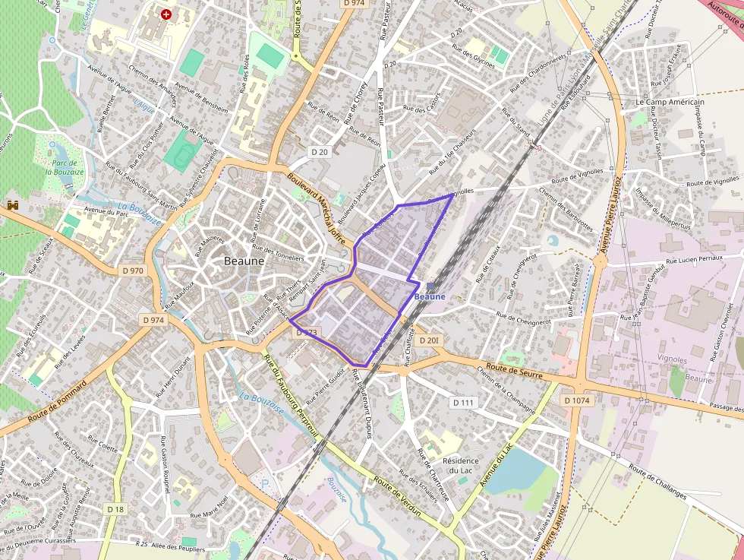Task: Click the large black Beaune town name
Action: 244,261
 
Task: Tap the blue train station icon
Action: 430,286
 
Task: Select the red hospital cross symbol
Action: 166,14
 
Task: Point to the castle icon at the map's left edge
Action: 12,204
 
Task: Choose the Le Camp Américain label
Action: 670,102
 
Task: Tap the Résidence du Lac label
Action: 461,465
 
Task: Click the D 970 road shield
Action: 132,271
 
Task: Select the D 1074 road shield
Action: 577,400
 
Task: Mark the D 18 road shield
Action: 115,508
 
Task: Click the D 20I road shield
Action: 428,340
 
